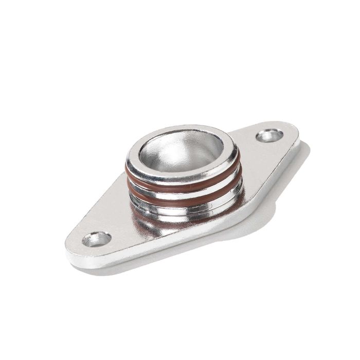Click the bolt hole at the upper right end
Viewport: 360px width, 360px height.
(x=269, y=136)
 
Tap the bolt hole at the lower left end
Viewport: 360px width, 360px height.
(x=96, y=239)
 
